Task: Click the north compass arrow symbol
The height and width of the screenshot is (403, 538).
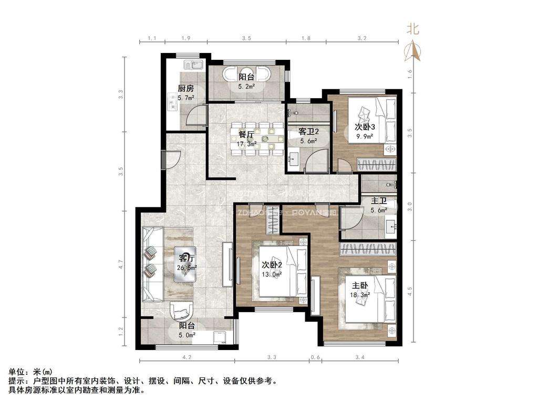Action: [415, 50]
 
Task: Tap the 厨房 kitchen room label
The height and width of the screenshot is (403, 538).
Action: [185, 89]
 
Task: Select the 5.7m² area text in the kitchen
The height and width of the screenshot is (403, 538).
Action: [185, 98]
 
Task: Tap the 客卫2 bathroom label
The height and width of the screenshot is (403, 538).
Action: [308, 131]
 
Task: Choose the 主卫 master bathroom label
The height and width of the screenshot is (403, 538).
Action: [379, 200]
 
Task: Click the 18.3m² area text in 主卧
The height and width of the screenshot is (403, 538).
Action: [360, 295]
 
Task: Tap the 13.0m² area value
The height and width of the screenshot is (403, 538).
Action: [272, 274]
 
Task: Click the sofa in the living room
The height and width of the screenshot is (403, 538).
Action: [152, 263]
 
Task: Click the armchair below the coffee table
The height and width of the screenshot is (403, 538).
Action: [182, 312]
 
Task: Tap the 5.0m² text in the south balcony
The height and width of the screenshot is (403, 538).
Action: [187, 334]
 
